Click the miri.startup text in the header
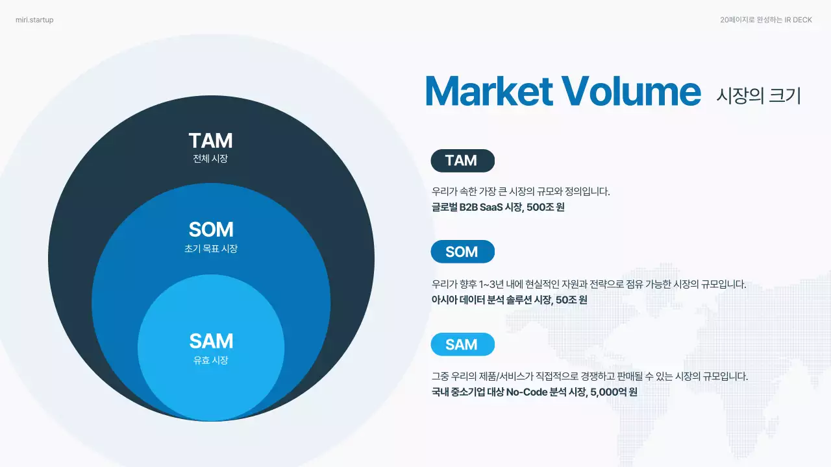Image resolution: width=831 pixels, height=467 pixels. pyautogui.click(x=34, y=20)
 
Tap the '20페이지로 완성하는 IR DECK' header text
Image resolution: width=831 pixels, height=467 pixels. pyautogui.click(x=766, y=20)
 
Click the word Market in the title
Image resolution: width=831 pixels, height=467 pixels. pyautogui.click(x=488, y=91)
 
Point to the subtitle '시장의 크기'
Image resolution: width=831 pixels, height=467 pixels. pyautogui.click(x=758, y=95)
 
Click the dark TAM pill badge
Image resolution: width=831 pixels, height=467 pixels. pyautogui.click(x=462, y=161)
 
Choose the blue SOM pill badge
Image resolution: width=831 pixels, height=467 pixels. pyautogui.click(x=462, y=252)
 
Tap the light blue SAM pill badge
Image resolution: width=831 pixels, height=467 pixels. pyautogui.click(x=462, y=344)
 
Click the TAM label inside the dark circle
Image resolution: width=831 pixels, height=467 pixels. pyautogui.click(x=210, y=141)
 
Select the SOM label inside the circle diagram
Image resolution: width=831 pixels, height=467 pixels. pyautogui.click(x=210, y=230)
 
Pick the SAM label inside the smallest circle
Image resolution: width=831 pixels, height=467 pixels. pyautogui.click(x=210, y=341)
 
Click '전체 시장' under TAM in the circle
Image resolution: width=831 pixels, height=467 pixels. pyautogui.click(x=210, y=159)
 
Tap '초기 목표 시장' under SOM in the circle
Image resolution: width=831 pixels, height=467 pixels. pyautogui.click(x=210, y=248)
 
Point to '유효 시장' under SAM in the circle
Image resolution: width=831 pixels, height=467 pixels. pyautogui.click(x=210, y=361)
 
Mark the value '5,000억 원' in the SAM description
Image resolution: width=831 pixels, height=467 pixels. pyautogui.click(x=614, y=392)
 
